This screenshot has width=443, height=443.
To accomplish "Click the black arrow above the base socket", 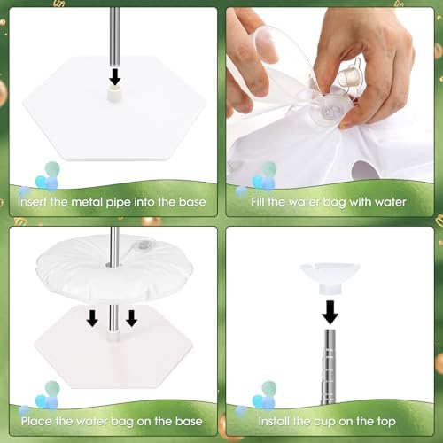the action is [114, 76].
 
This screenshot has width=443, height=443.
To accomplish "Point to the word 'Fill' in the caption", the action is [258, 202].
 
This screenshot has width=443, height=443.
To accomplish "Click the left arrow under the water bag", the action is [92, 318].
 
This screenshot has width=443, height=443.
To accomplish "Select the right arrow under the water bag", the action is [131, 318].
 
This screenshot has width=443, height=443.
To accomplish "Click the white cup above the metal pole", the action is [330, 278].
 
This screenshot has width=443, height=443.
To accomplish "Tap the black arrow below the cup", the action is [330, 312].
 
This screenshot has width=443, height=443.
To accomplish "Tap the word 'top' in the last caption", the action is [386, 422].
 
